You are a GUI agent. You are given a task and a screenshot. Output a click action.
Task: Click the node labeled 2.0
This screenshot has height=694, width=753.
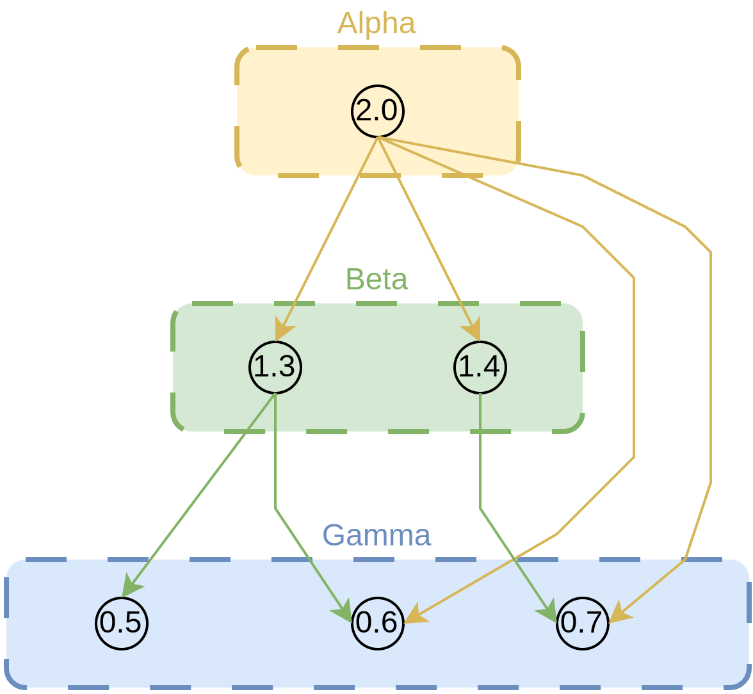tap(378, 111)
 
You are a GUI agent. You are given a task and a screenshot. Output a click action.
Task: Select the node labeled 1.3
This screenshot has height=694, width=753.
tap(275, 367)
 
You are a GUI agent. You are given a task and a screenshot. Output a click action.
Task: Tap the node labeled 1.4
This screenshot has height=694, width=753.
tap(480, 367)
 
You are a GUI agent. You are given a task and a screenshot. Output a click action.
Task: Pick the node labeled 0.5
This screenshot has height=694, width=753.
tap(122, 622)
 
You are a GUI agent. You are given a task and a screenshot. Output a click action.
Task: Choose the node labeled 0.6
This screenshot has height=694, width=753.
tap(378, 622)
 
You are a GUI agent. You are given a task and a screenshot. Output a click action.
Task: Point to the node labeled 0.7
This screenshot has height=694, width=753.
tap(583, 622)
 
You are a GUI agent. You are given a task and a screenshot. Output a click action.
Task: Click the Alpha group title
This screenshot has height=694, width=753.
tap(376, 24)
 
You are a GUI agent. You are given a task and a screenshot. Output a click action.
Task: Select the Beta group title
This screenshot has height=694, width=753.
tap(376, 280)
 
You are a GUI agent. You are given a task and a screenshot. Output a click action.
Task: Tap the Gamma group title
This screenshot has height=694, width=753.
tap(376, 535)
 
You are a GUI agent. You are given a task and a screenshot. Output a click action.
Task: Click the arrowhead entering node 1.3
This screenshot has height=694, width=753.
tap(282, 332)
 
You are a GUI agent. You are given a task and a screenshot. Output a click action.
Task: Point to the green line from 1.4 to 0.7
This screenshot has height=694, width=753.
tap(480, 461)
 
